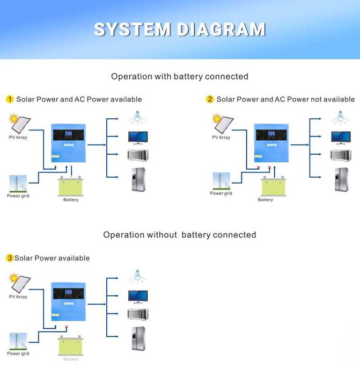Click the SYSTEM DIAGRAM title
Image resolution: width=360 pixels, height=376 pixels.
(x=180, y=29)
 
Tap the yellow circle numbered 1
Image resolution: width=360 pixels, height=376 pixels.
(x=10, y=99)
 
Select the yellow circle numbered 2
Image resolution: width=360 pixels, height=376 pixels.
(x=210, y=99)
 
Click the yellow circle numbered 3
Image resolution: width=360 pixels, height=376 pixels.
(x=10, y=258)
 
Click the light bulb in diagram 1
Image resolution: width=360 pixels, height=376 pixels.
(x=137, y=116)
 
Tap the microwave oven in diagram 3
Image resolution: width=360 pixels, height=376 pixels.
(x=137, y=314)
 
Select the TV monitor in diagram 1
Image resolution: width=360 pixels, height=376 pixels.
(x=137, y=136)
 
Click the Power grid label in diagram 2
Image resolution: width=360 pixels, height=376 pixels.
(x=221, y=193)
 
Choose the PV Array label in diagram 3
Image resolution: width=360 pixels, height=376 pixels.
(x=18, y=297)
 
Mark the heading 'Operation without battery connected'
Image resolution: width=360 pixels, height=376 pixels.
(x=180, y=235)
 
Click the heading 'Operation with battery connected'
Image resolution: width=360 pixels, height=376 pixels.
(x=180, y=76)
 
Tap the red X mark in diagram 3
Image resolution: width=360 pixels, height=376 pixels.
(x=67, y=327)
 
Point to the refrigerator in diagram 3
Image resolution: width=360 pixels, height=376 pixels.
(x=138, y=338)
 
